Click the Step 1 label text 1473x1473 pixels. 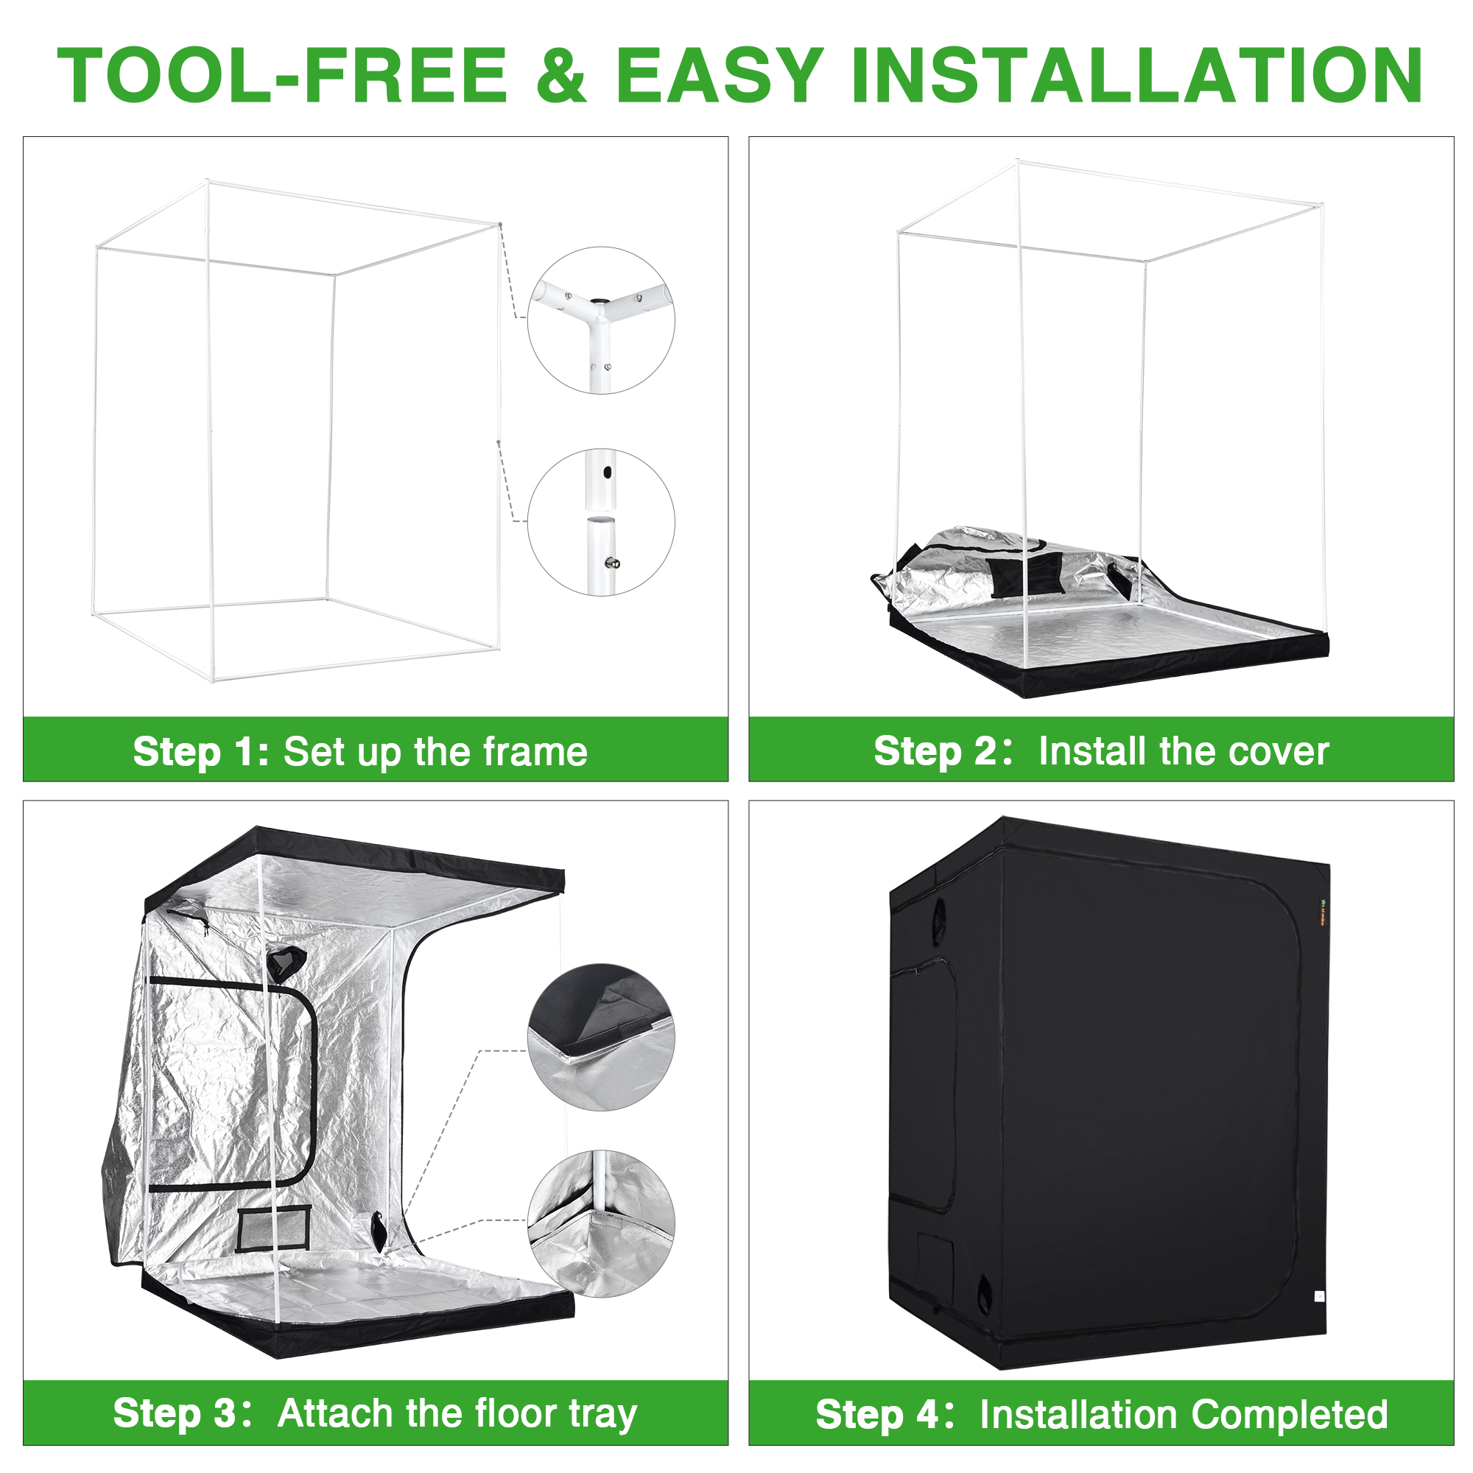coord(200,752)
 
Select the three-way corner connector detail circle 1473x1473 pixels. coord(601,320)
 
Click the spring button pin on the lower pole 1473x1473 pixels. coord(611,563)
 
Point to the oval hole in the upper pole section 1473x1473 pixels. coord(607,473)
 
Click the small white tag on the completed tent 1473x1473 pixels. coord(1320,1296)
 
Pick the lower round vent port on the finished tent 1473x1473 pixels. coord(984,1292)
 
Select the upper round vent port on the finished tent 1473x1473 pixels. coord(938,912)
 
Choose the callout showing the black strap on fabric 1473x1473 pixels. coord(601,1037)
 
